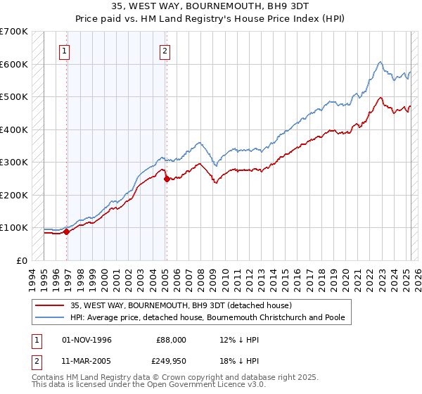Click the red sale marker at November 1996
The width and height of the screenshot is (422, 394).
[x=66, y=231]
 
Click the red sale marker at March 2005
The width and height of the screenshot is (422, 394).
[x=167, y=179]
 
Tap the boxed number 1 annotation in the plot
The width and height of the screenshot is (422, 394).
[x=64, y=51]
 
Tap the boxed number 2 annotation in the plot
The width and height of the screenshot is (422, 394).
[x=165, y=51]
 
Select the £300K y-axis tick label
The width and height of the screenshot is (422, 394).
[x=13, y=162]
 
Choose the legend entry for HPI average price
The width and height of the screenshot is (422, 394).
[x=207, y=317]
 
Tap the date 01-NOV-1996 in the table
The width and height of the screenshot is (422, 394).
[x=87, y=339]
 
